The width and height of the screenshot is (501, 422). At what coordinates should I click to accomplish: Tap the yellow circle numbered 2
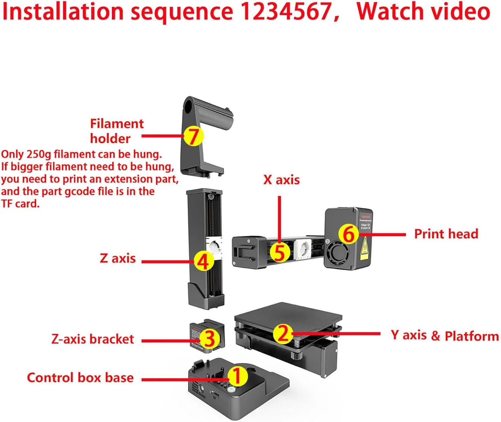[x=283, y=333]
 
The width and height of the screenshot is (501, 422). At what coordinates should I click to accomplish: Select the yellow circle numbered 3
[x=209, y=339]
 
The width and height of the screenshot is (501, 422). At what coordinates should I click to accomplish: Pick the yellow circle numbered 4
[x=203, y=261]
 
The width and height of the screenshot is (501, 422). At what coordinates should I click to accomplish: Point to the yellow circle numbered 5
[x=280, y=252]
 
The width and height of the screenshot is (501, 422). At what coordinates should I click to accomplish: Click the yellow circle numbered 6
[x=348, y=234]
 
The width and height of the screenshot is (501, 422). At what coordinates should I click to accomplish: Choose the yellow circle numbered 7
[x=193, y=136]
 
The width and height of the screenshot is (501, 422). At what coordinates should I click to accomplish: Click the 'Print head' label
[x=446, y=234]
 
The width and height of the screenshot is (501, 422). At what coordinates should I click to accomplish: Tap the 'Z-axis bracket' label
[x=93, y=339]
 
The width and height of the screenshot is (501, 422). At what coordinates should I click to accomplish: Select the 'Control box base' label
[x=80, y=378]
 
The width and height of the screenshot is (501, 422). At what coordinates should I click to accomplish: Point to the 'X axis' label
[x=281, y=180]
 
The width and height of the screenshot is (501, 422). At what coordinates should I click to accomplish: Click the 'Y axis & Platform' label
[x=445, y=335]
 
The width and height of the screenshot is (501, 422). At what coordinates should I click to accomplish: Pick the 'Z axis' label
[x=118, y=258]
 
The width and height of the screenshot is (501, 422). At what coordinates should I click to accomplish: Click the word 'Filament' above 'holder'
[x=117, y=124]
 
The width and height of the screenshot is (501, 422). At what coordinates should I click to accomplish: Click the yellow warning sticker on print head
[x=364, y=248]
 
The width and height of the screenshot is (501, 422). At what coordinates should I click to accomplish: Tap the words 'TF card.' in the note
[x=20, y=203]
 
